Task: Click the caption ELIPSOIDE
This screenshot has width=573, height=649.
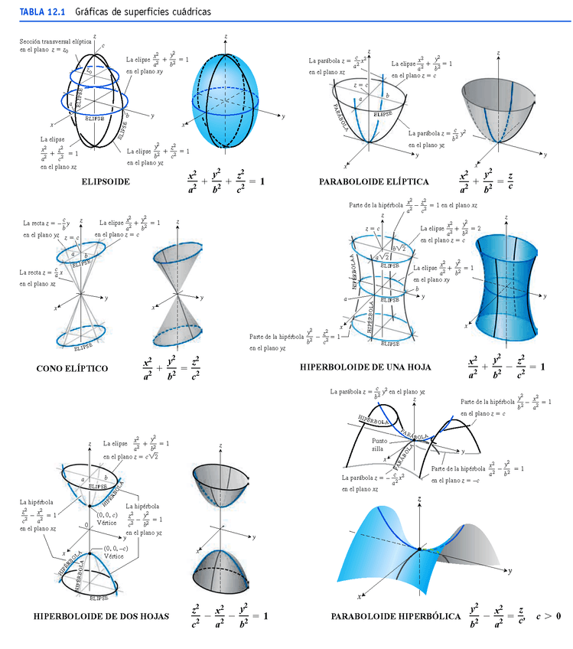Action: tap(105, 182)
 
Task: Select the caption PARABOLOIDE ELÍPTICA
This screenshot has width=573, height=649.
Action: tap(374, 182)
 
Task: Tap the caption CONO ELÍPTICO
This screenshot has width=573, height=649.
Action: tap(72, 368)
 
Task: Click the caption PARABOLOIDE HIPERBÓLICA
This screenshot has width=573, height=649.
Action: tap(396, 616)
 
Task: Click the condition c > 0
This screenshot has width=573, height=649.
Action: tap(548, 616)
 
